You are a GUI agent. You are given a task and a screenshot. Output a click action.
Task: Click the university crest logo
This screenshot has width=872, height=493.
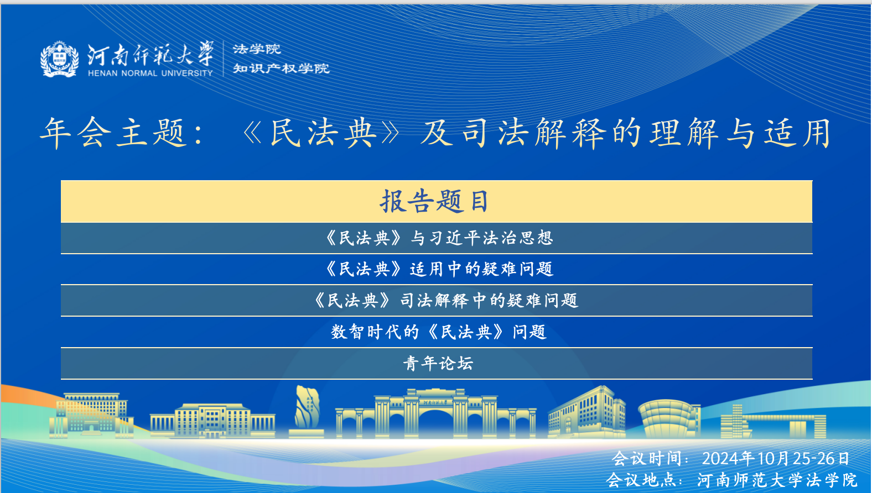pos(60,59)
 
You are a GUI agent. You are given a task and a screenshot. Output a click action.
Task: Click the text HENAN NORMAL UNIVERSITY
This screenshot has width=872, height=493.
pos(150,73)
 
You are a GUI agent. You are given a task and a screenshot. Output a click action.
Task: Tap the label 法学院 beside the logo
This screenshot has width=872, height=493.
pos(257,49)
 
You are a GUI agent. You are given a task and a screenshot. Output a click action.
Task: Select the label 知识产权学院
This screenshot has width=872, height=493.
pos(281,69)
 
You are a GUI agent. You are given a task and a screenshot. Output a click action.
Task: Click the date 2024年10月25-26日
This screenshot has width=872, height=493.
pos(776,459)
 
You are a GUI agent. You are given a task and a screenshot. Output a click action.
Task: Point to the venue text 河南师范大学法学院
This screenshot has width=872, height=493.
pos(777,480)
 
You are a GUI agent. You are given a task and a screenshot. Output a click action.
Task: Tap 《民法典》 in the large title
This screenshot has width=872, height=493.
pos(321,133)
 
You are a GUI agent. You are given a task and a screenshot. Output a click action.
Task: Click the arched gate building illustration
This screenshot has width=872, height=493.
pos(436,413)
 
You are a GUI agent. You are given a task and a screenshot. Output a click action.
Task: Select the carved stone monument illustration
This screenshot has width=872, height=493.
pos(307,411)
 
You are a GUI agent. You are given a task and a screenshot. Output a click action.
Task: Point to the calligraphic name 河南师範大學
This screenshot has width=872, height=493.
pos(150,54)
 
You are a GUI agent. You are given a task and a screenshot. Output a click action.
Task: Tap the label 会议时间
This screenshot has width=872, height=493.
pos(646,459)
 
